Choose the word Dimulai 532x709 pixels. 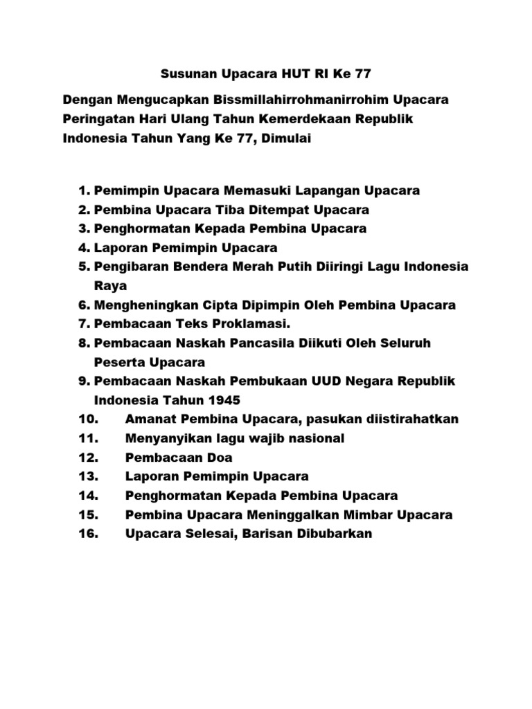286,138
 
